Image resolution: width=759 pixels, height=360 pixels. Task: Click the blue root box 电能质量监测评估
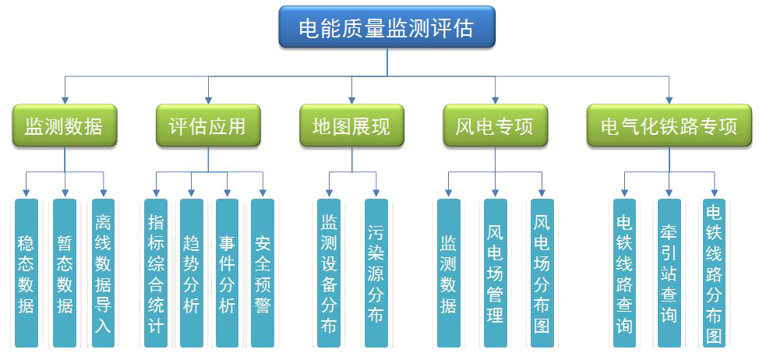tap(387, 28)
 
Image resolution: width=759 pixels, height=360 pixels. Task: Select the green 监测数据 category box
tap(64, 125)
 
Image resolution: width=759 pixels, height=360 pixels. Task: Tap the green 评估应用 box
tap(207, 125)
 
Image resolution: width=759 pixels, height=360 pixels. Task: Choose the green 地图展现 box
tap(351, 125)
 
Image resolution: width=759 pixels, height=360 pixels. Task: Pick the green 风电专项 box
tap(495, 125)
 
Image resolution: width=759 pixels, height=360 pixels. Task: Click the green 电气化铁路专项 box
tap(669, 125)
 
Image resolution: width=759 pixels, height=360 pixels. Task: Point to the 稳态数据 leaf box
tap(26, 273)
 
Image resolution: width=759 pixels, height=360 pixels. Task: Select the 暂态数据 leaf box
tap(65, 273)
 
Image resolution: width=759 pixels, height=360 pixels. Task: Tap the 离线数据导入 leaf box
tap(103, 273)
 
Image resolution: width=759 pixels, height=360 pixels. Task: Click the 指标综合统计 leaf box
tap(156, 273)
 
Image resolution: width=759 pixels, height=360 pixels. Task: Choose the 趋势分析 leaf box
tap(192, 273)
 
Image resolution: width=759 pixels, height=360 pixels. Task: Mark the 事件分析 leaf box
tap(227, 273)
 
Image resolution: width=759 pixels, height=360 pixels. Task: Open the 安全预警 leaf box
tap(263, 273)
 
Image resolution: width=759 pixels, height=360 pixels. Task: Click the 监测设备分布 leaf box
tap(329, 273)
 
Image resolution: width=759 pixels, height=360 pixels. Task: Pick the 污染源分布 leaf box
tap(376, 273)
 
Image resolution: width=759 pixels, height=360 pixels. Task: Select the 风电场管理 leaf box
tap(496, 273)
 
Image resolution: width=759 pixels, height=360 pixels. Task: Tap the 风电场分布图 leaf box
tap(542, 273)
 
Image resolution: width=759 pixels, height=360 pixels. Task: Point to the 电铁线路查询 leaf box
tap(624, 273)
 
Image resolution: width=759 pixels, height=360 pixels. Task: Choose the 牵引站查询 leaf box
tap(669, 273)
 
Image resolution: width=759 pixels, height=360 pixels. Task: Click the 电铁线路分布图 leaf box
tap(714, 273)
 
